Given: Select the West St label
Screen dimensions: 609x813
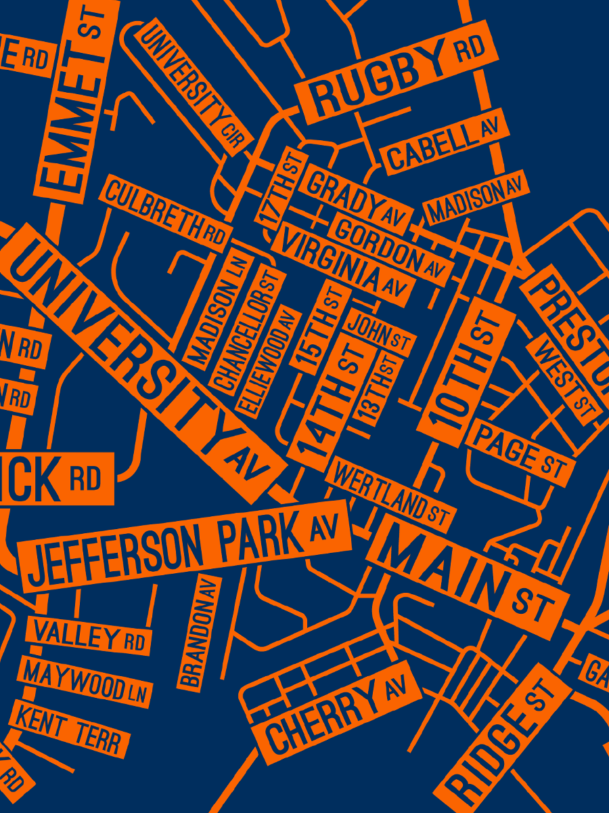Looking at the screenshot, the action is tap(566, 377).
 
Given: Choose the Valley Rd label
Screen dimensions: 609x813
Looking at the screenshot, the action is tap(89, 636).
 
